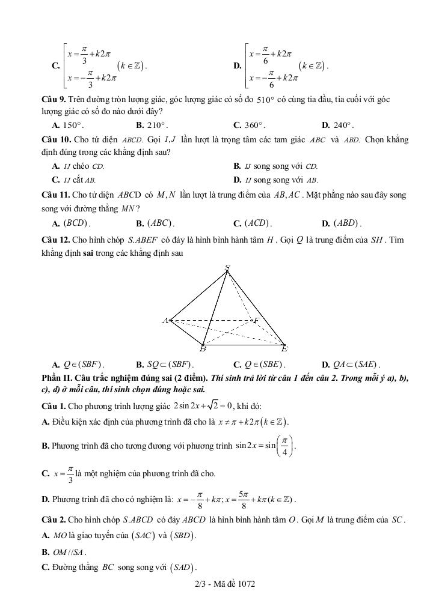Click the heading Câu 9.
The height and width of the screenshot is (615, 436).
tap(53, 99)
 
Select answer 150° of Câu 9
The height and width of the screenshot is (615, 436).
tap(72, 126)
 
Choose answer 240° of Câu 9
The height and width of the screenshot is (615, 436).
tap(342, 126)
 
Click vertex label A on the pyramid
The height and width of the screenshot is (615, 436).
tap(165, 321)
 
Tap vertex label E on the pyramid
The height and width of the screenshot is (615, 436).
tap(284, 349)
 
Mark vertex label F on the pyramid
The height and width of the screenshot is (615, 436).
tap(256, 321)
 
